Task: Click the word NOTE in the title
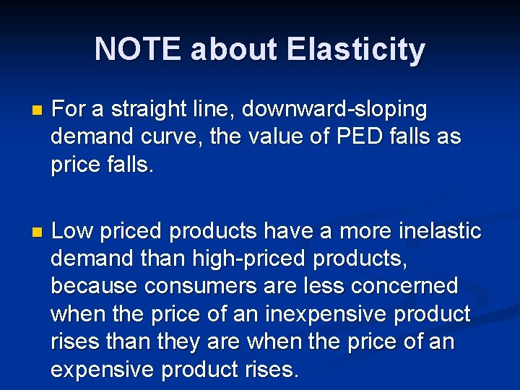click(138, 50)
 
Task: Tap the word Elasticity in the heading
click(355, 50)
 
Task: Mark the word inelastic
click(439, 232)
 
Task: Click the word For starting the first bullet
click(68, 110)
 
